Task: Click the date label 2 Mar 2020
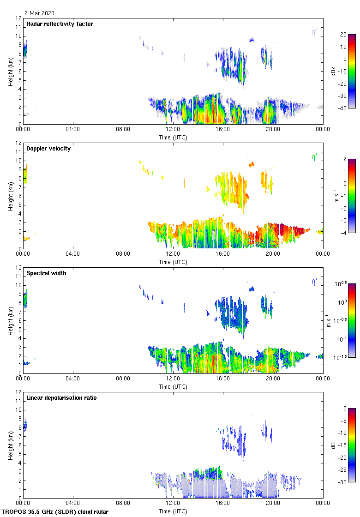point(40,13)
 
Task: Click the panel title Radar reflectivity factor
point(60,24)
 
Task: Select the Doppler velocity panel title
point(48,148)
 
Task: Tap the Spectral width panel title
point(47,273)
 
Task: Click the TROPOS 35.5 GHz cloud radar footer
point(55,512)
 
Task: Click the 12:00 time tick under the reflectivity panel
point(173,129)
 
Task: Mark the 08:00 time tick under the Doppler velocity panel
point(123,253)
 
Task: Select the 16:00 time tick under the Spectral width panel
point(222,378)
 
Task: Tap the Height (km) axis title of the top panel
point(11,71)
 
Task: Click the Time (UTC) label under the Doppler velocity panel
point(173,262)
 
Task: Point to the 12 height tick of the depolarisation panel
point(18,392)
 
